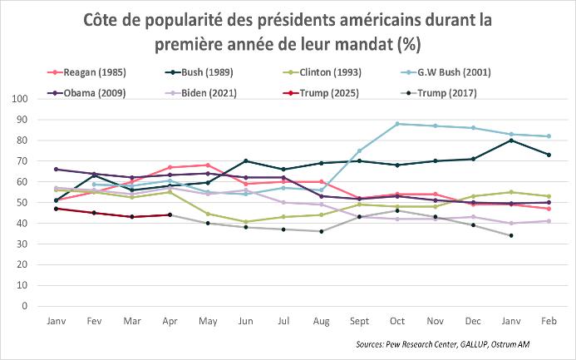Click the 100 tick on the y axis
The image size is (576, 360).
point(20,99)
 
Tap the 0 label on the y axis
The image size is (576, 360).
point(25,306)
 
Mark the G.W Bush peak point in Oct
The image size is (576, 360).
point(397,124)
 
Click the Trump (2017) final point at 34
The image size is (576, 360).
point(511,235)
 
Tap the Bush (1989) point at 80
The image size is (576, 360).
point(511,141)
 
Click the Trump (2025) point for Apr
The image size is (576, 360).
point(170,215)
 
